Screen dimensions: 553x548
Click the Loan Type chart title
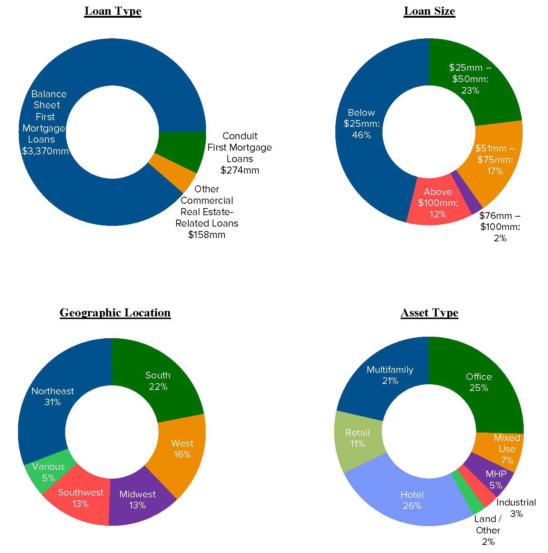click(x=113, y=11)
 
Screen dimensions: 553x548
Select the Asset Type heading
click(x=429, y=313)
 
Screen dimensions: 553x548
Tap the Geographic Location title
click(x=115, y=313)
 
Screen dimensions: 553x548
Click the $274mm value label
click(x=240, y=170)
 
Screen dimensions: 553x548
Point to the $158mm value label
click(x=206, y=235)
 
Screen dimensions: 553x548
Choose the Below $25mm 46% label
click(x=361, y=124)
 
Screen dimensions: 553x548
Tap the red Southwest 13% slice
click(x=80, y=498)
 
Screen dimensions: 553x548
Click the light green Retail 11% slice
click(x=357, y=438)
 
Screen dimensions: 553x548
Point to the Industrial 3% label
click(x=516, y=508)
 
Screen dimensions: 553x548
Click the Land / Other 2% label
click(x=488, y=530)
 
